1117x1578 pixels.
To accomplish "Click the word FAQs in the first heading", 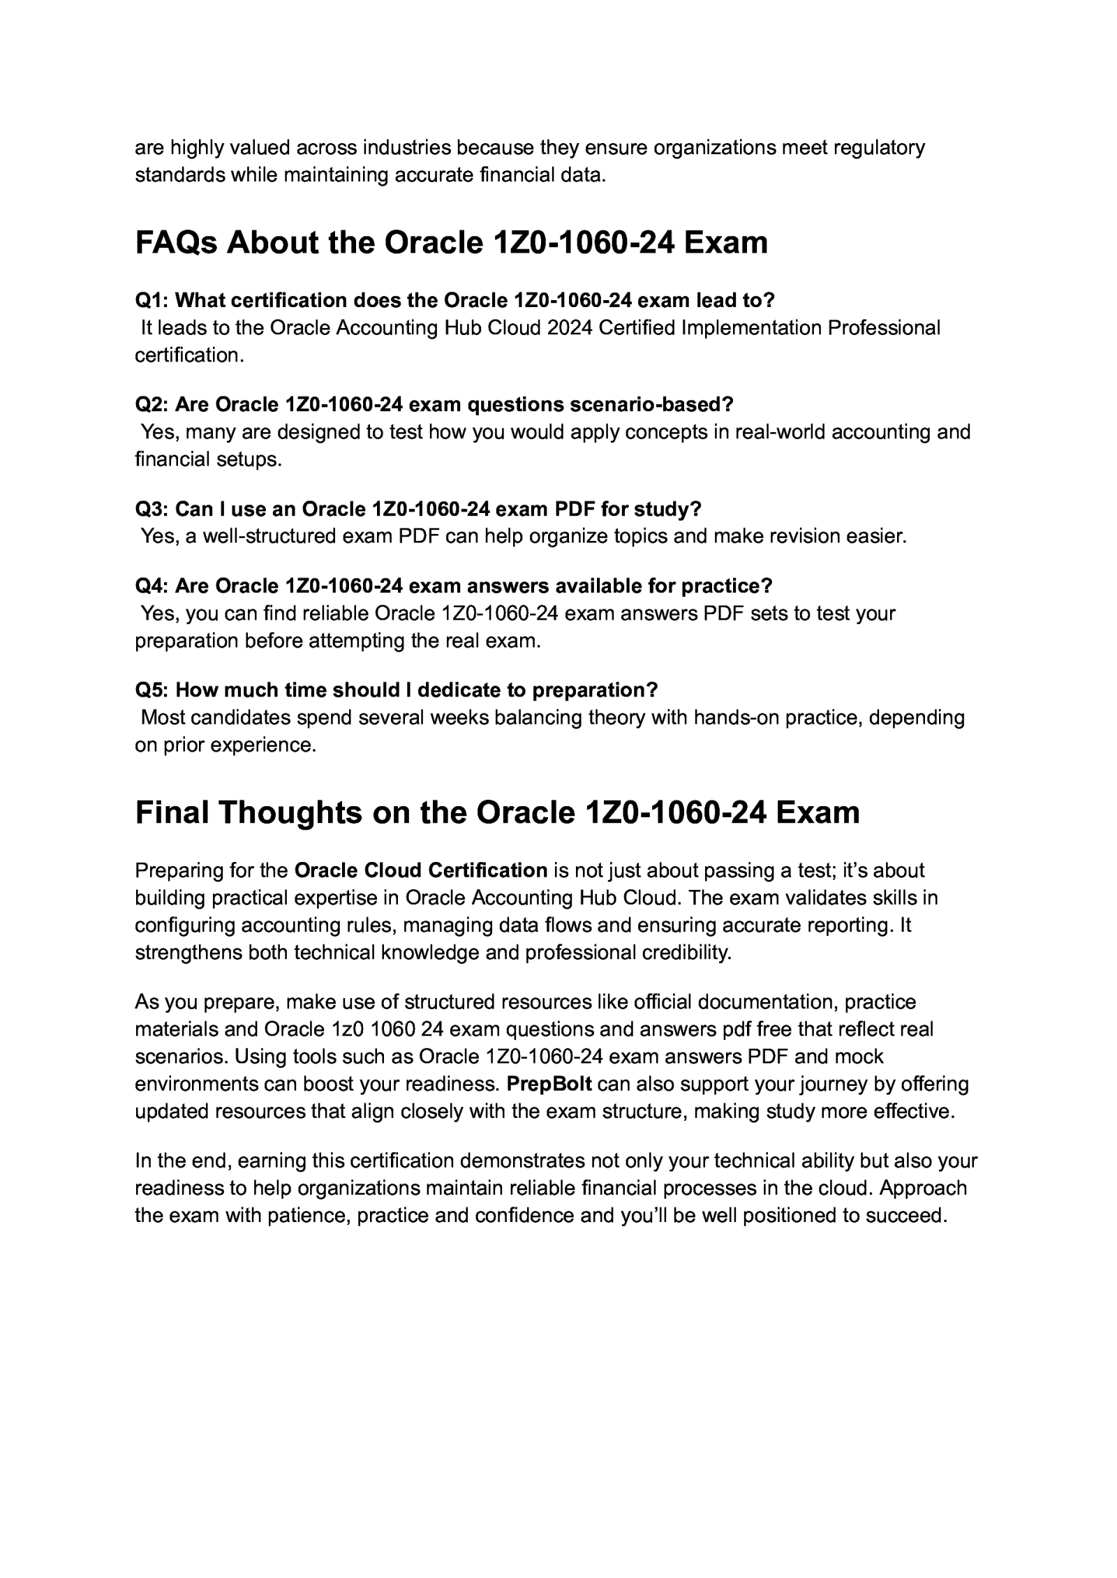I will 177,244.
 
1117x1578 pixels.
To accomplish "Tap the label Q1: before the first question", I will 151,301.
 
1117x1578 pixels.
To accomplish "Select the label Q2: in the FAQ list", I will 151,405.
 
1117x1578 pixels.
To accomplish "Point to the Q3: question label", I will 151,509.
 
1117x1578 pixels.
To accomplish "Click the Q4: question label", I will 151,586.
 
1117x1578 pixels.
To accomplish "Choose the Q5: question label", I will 151,690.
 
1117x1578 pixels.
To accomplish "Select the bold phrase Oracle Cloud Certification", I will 421,870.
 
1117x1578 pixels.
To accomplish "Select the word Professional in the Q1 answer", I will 884,328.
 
